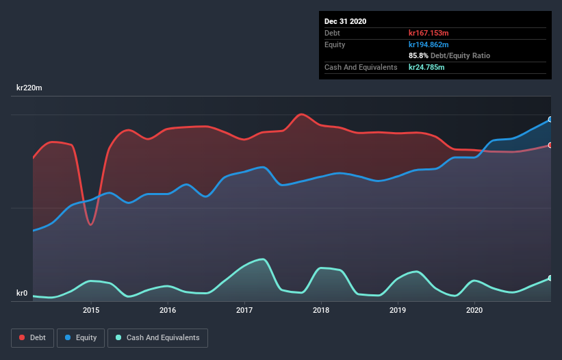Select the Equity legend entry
81,337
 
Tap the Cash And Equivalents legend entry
157,337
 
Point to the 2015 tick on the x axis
91,310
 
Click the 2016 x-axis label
168,310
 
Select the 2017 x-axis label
244,310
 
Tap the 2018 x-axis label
321,310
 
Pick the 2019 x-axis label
398,310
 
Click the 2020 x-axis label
474,310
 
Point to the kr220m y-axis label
31,88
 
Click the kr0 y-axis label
22,294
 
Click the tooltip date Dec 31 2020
346,21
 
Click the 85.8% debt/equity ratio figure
418,55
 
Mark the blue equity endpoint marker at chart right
550,119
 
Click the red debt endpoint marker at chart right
550,145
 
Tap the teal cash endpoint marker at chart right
550,279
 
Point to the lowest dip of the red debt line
90,224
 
